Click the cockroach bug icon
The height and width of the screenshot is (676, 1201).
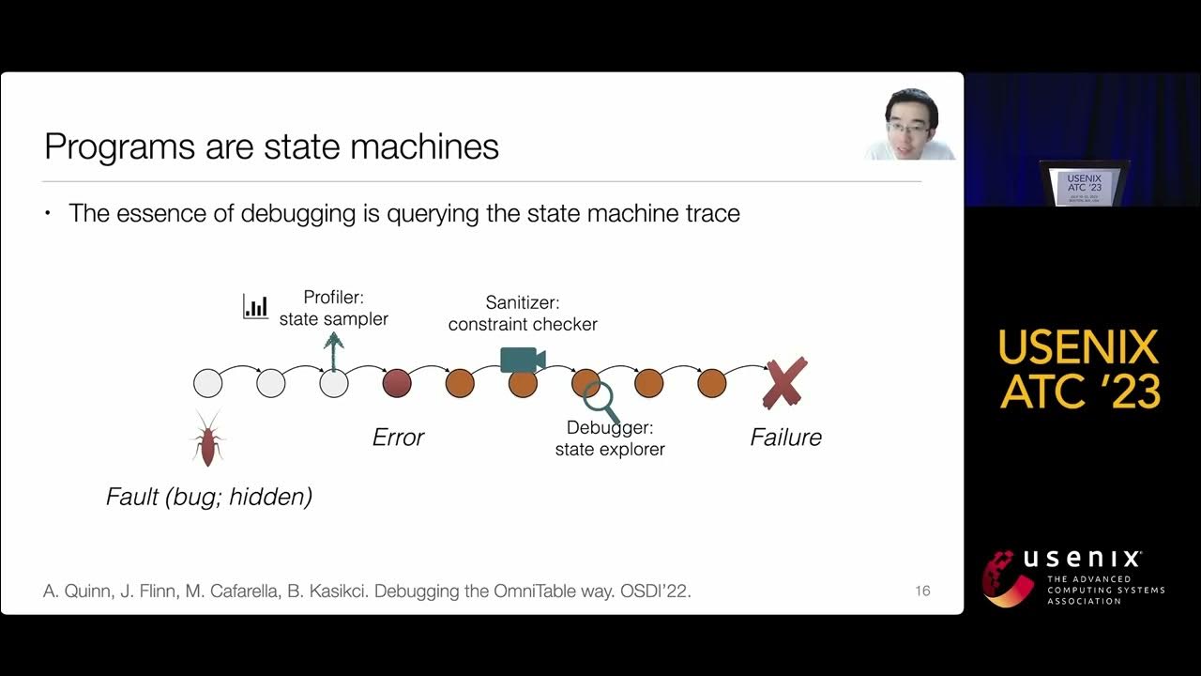(x=207, y=438)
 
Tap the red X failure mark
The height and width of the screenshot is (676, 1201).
(x=784, y=383)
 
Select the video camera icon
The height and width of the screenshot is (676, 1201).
(x=523, y=360)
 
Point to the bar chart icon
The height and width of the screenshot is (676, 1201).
(x=255, y=306)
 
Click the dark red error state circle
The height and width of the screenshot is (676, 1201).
(x=397, y=383)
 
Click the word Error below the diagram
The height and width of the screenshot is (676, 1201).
(x=398, y=437)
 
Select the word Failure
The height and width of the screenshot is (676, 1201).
(x=785, y=437)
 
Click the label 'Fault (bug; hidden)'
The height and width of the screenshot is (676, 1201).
(x=208, y=497)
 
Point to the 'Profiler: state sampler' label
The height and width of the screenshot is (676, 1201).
(x=333, y=308)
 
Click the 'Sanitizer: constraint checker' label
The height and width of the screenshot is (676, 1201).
(x=523, y=314)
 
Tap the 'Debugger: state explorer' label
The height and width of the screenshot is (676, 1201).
(x=610, y=438)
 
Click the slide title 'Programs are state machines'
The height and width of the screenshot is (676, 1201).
(x=271, y=147)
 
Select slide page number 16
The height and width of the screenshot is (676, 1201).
(x=922, y=591)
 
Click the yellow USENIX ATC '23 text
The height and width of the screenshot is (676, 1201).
(x=1079, y=369)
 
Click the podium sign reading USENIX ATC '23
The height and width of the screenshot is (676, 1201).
(x=1083, y=188)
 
